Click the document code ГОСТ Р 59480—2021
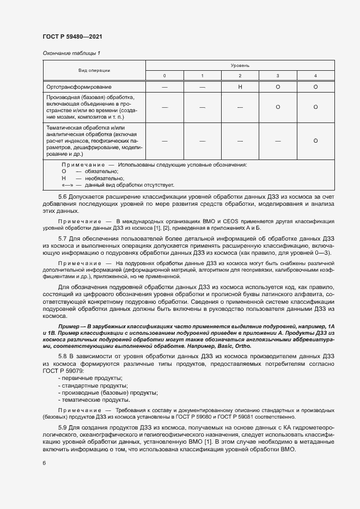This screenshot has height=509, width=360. click(72, 36)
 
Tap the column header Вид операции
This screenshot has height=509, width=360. click(94, 70)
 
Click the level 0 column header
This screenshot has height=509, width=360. click(164, 75)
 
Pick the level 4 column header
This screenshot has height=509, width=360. click(315, 75)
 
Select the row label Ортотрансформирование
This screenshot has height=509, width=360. click(79, 87)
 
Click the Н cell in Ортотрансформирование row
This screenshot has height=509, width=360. click(240, 87)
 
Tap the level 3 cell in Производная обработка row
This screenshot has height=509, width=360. click(278, 107)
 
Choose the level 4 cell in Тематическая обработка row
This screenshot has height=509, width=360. click(315, 140)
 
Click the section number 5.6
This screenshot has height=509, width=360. click(62, 196)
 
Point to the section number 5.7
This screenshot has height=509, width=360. click(62, 238)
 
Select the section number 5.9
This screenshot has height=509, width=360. click(62, 428)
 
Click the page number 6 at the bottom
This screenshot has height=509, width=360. click(44, 463)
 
